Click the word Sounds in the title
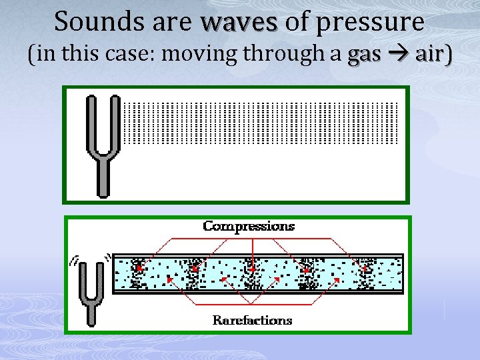coord(91,22)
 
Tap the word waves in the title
coord(239,22)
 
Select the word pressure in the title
coord(370,22)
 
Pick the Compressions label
coord(248,226)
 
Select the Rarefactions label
coord(252,321)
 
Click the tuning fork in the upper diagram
coord(103,143)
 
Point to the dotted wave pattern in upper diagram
coord(261,123)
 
